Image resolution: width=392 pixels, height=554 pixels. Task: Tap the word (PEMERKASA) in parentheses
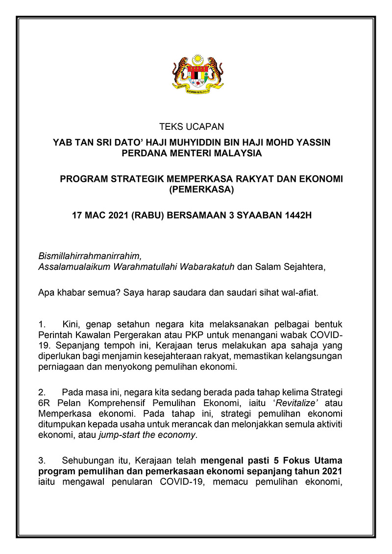tap(201, 190)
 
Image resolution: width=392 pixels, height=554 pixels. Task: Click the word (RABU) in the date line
tap(147, 215)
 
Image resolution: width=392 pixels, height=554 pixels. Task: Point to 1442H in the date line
tap(298, 215)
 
